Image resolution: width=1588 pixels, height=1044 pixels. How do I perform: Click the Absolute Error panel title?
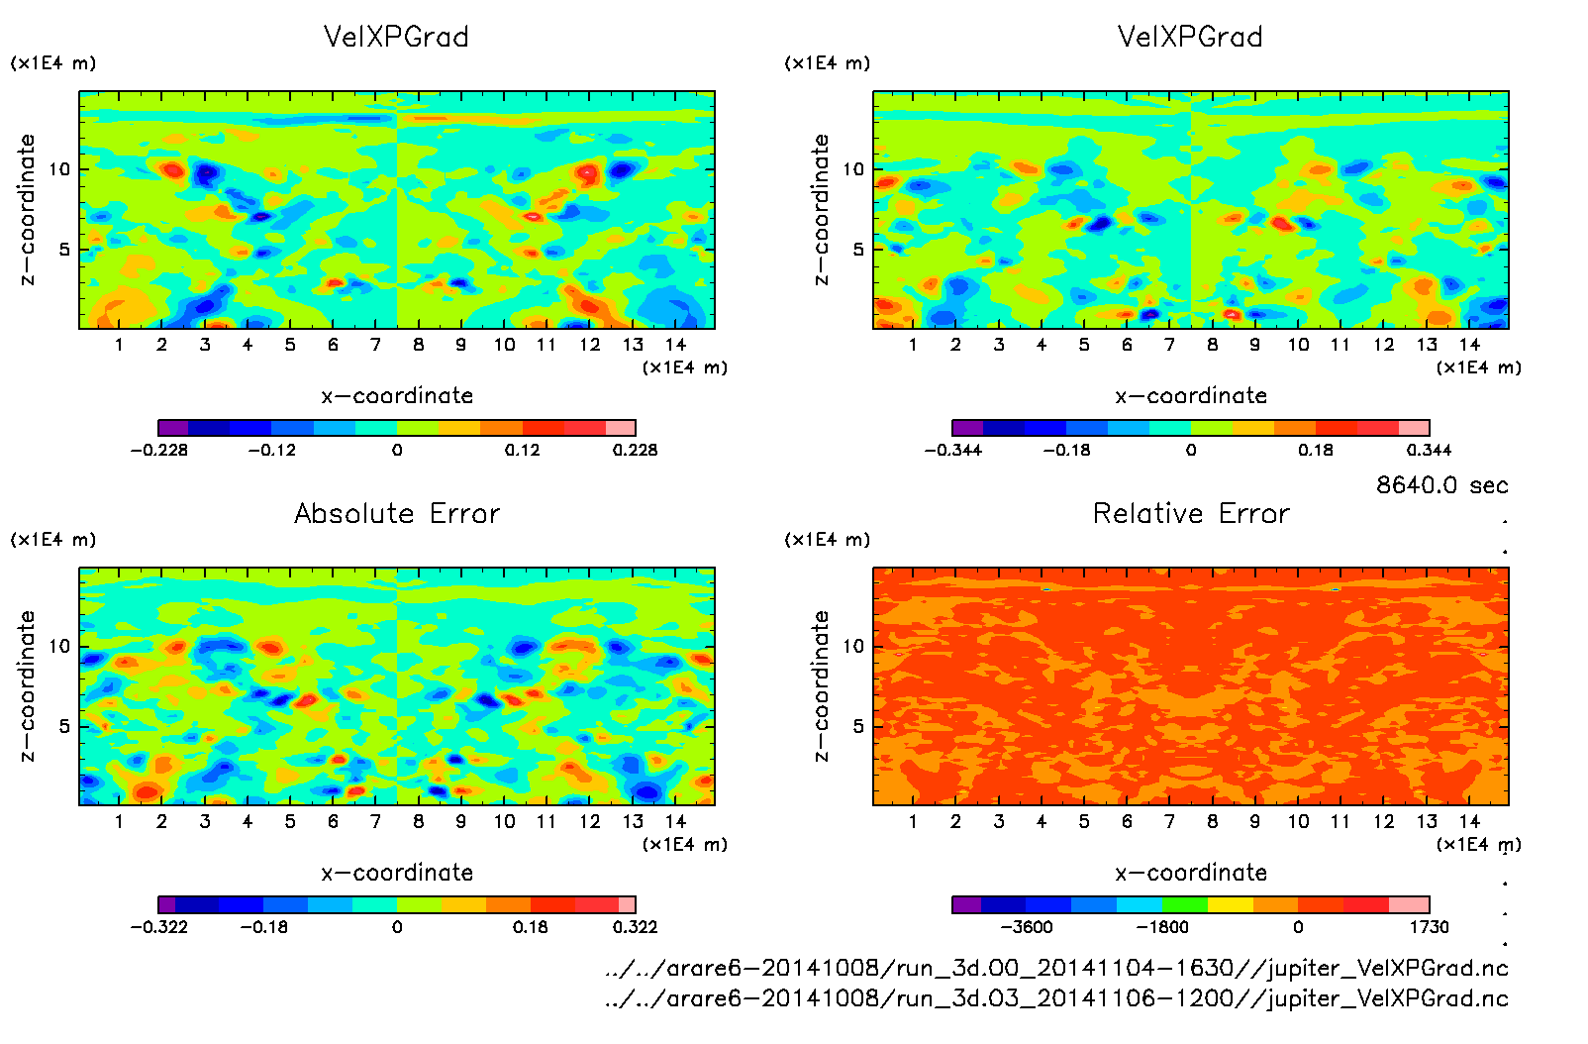click(397, 513)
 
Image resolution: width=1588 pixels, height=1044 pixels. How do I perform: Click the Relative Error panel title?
click(1191, 513)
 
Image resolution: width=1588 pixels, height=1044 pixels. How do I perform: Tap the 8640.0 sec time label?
click(1441, 485)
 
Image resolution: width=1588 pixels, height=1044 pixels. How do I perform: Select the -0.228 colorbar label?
click(159, 450)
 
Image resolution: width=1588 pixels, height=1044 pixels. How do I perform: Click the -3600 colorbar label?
click(1027, 927)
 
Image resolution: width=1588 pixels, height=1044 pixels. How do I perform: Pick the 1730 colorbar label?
click(1429, 927)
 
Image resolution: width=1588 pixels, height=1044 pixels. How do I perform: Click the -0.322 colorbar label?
click(159, 927)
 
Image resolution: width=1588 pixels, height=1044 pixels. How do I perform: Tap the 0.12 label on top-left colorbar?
click(523, 450)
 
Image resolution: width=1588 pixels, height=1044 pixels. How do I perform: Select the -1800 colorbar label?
click(1162, 927)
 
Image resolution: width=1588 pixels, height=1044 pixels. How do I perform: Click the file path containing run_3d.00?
click(1056, 968)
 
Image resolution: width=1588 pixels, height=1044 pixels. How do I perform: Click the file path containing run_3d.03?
click(1056, 998)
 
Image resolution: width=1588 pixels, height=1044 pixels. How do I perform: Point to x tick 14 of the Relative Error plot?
click(1469, 821)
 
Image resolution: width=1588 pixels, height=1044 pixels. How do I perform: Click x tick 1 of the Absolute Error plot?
click(119, 821)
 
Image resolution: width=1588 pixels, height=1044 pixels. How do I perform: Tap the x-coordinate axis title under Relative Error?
click(1191, 873)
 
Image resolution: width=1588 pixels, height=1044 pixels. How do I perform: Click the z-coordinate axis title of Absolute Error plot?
click(27, 685)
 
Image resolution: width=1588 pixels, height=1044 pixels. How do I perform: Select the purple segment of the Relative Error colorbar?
click(966, 904)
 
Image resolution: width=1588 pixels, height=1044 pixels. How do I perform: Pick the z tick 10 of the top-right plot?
click(853, 169)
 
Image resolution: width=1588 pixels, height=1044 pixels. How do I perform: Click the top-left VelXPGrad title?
click(396, 37)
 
